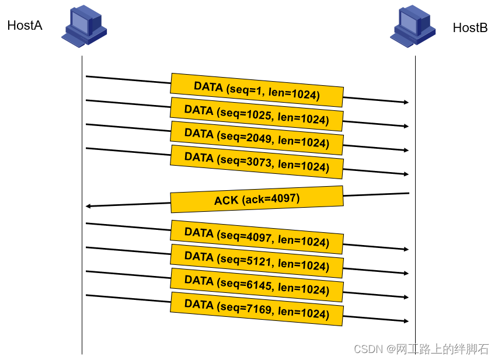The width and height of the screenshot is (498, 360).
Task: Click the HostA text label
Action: point(25,26)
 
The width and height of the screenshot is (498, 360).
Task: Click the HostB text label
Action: point(470,27)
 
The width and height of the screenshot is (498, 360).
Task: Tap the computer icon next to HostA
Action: point(84,26)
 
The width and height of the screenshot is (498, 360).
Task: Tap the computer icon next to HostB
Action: point(413,26)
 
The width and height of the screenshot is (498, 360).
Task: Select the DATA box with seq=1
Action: point(257,90)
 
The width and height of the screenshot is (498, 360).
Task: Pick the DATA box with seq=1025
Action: point(257,114)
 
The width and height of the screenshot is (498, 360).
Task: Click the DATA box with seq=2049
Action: point(257,138)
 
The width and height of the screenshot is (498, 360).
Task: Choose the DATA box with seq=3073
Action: point(257,162)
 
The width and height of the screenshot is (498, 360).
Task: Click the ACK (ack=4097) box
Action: point(257,200)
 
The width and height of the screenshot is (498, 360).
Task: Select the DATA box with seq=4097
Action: point(257,237)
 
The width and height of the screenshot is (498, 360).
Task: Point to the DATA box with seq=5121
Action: point(257,261)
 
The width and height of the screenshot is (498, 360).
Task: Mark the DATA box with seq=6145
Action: point(257,285)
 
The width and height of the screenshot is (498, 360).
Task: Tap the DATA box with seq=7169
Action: point(257,309)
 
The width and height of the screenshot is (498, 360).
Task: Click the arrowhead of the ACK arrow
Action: point(88,207)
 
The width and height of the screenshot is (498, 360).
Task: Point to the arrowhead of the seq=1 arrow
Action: point(406,102)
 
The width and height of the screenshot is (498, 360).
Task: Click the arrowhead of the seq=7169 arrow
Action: point(406,321)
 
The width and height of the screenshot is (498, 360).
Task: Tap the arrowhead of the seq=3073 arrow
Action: point(406,174)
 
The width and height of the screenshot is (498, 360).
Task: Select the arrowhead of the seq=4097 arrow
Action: point(406,249)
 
